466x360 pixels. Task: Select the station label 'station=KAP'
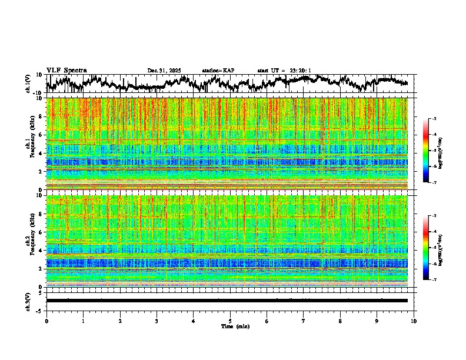tap(218, 71)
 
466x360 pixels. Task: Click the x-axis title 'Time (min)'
tap(230, 326)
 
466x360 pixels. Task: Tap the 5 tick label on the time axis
tap(230, 321)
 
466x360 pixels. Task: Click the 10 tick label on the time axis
tap(414, 321)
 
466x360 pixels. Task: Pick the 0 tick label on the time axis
tap(46, 321)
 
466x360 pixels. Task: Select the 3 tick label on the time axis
tap(157, 321)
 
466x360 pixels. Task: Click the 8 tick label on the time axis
tap(340, 321)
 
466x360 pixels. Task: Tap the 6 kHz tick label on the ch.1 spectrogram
tap(41, 135)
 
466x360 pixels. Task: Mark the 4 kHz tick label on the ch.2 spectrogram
tap(41, 251)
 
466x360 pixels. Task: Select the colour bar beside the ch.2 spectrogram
tap(431, 248)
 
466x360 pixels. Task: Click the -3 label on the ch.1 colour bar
tap(440, 119)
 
